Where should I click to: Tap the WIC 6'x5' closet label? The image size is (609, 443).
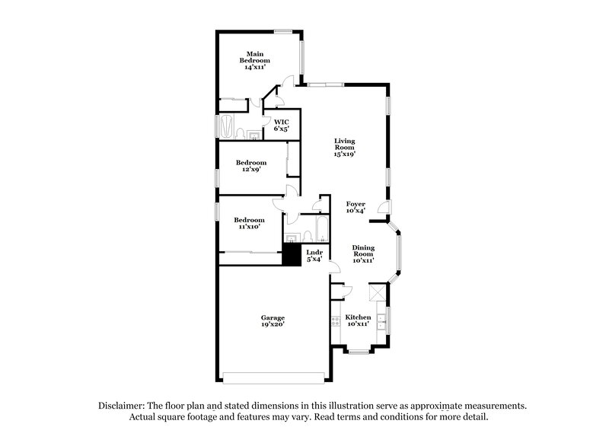(281, 125)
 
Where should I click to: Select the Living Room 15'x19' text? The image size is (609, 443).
(345, 147)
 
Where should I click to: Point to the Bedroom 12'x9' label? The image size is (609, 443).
(250, 167)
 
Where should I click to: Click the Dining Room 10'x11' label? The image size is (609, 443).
(362, 253)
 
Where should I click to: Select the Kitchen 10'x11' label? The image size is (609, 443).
(358, 320)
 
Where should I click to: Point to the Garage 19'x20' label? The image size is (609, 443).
(273, 320)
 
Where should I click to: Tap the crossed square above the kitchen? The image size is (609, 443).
(376, 292)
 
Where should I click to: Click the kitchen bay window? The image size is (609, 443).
(359, 351)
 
